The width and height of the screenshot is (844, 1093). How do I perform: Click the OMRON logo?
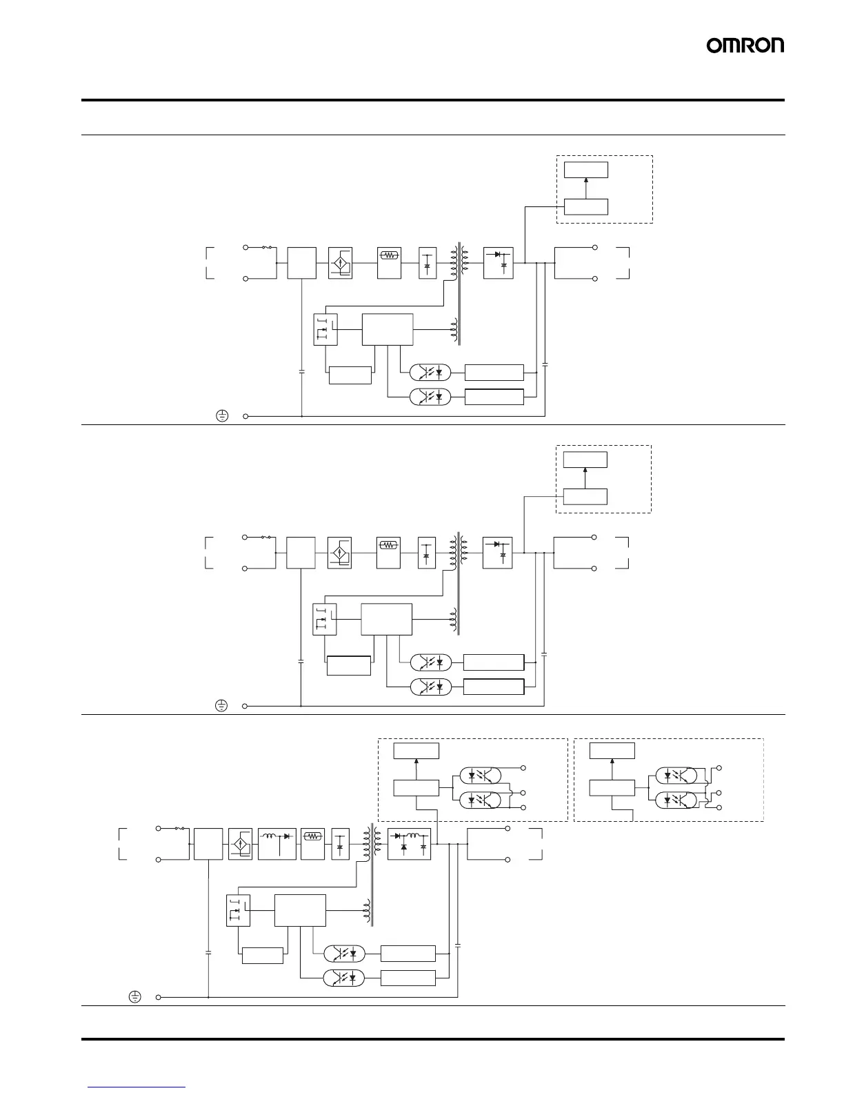(x=745, y=46)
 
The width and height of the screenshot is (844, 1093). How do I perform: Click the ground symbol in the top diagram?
(x=221, y=416)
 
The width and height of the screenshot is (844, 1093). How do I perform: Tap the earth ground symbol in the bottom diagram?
(x=134, y=996)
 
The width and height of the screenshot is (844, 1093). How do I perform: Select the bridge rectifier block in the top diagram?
(x=341, y=263)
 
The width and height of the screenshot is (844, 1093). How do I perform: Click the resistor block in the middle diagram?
(x=388, y=553)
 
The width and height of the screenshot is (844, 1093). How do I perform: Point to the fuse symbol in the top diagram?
(x=267, y=248)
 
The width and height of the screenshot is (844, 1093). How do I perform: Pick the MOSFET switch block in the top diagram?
(x=325, y=329)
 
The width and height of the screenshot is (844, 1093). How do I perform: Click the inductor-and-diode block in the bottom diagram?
(x=277, y=844)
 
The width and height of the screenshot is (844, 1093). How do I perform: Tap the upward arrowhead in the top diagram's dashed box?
(x=586, y=180)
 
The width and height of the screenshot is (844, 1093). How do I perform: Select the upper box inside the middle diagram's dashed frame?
(x=585, y=460)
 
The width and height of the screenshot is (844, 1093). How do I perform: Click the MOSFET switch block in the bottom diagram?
(x=239, y=910)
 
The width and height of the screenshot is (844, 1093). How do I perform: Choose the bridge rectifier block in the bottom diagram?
(x=240, y=844)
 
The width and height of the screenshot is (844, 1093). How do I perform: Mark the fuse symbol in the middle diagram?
(x=266, y=538)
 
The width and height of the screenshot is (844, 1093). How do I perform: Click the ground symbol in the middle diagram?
(x=221, y=706)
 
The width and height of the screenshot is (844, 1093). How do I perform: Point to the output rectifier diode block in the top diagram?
(x=498, y=263)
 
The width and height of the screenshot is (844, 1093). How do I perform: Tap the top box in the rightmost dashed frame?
(x=612, y=751)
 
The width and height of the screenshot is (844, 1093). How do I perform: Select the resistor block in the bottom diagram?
(x=312, y=844)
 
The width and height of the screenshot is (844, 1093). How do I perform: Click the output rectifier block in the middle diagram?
(x=498, y=553)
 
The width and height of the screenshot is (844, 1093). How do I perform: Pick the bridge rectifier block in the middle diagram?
(x=339, y=553)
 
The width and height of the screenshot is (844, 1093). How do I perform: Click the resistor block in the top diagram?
(x=389, y=263)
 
